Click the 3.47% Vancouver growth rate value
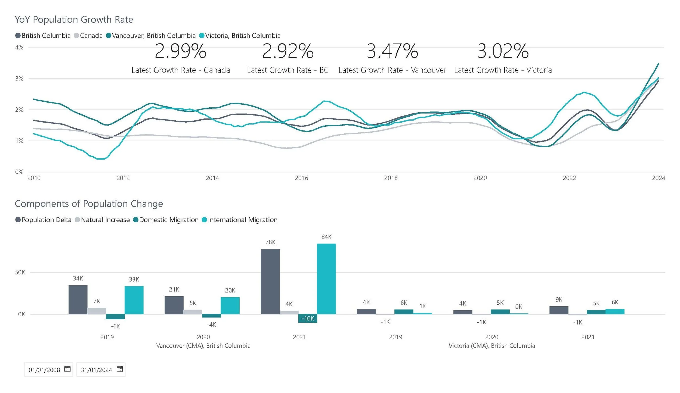392,51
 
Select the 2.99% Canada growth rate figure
181,51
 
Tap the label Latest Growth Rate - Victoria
503,70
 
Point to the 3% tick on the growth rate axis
19,79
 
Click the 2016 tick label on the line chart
301,178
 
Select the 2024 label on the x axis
658,178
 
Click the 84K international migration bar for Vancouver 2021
326,279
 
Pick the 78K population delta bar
270,281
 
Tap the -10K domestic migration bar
307,318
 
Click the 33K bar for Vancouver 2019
134,300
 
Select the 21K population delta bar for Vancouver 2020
174,305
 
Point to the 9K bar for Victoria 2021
559,310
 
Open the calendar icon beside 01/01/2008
67,369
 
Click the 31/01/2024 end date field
96,370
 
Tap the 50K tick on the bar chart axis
20,272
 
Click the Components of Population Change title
89,204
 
